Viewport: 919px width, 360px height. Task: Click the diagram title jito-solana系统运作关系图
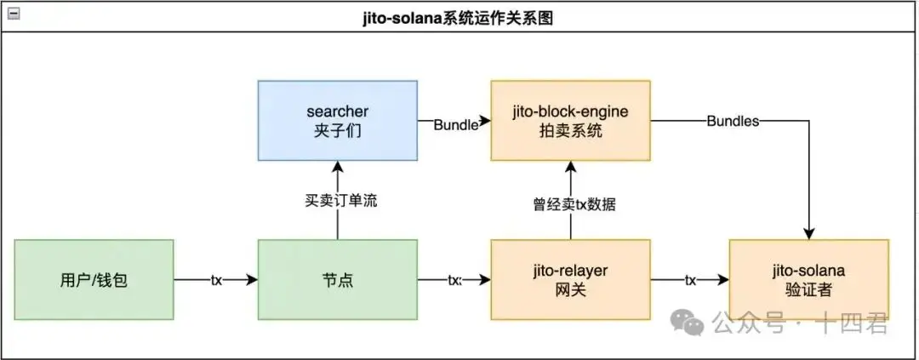(x=459, y=17)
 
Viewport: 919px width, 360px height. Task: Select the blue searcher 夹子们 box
(x=337, y=121)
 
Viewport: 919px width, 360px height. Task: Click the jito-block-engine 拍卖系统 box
(x=570, y=121)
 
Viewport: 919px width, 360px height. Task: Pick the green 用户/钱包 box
(x=94, y=279)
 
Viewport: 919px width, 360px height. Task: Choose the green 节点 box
(x=337, y=279)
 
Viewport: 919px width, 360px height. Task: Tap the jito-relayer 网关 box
(x=570, y=279)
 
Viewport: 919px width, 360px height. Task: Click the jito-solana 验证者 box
(x=808, y=279)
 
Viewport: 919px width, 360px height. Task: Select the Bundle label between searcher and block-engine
(x=456, y=124)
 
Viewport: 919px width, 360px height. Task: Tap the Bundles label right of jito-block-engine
(x=732, y=121)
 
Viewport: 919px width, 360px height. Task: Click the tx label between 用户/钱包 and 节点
(x=216, y=279)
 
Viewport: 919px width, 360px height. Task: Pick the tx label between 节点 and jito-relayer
(x=454, y=279)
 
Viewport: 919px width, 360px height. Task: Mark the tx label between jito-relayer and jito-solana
(x=690, y=279)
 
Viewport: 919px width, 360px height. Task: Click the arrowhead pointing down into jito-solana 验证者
(x=808, y=233)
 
